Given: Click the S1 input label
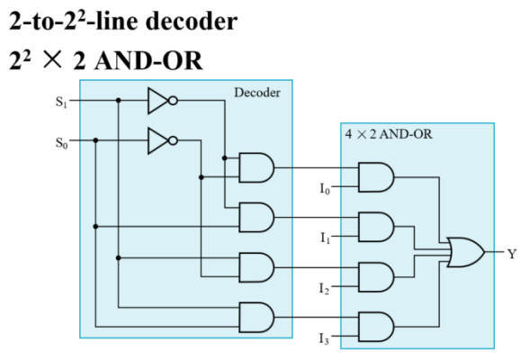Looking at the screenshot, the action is tap(61, 102).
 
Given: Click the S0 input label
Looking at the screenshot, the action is tap(62, 143).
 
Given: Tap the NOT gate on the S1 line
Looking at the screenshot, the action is tap(163, 101).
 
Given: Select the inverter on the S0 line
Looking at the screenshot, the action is tap(163, 140).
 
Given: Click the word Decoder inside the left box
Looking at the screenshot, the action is tap(257, 93).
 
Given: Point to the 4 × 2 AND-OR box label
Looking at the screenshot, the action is tap(389, 134).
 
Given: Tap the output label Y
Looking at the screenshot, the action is tap(512, 254).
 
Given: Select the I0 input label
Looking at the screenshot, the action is tap(325, 189).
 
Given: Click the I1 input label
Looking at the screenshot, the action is tap(326, 238).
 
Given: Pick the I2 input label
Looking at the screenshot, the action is tap(325, 288).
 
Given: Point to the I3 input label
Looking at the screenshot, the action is tap(324, 338).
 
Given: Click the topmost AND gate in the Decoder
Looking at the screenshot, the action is tap(256, 167).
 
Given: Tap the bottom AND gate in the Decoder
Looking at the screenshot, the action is tap(256, 317).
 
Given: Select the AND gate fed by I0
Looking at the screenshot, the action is tap(376, 177).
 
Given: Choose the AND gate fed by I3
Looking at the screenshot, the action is tap(376, 327).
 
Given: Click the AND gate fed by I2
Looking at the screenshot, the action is tap(376, 277).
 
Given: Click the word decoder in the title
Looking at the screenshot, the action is tap(192, 22).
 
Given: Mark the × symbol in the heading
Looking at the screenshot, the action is tap(52, 59).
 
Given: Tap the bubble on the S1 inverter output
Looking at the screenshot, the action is tap(173, 101).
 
